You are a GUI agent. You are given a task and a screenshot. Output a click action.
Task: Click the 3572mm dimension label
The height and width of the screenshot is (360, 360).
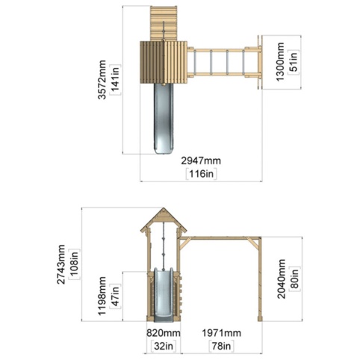coord(102,80)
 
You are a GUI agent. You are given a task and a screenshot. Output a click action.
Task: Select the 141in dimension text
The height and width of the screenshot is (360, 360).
coord(115,80)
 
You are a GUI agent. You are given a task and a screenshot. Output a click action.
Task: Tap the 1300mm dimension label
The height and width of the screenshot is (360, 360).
coord(280,62)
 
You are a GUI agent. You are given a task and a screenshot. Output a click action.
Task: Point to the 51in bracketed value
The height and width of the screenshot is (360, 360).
coord(294,62)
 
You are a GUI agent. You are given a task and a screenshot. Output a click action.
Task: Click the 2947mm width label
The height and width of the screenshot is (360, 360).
coord(201,161)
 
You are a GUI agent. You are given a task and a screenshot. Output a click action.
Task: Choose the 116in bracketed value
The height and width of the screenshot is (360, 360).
coord(202,173)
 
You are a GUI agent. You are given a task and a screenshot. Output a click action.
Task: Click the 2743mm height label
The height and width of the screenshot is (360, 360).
coord(61,264)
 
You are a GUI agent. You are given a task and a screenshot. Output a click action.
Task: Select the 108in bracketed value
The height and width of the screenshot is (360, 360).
coord(75,264)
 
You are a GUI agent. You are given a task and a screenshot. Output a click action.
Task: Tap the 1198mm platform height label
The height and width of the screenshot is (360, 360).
coord(102,296)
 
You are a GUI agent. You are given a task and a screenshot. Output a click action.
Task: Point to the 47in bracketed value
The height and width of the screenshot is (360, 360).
coord(115,297)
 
